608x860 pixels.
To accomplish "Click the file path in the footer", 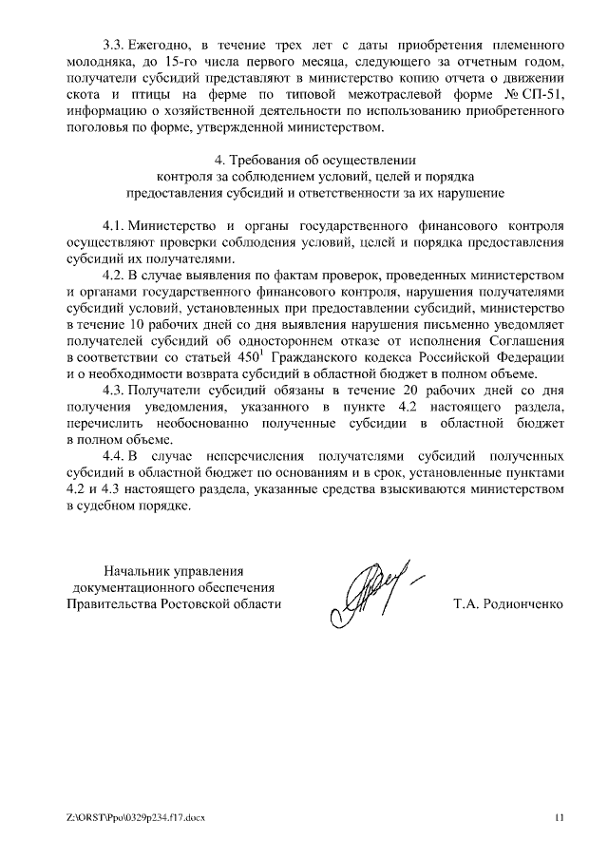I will pos(135,815).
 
